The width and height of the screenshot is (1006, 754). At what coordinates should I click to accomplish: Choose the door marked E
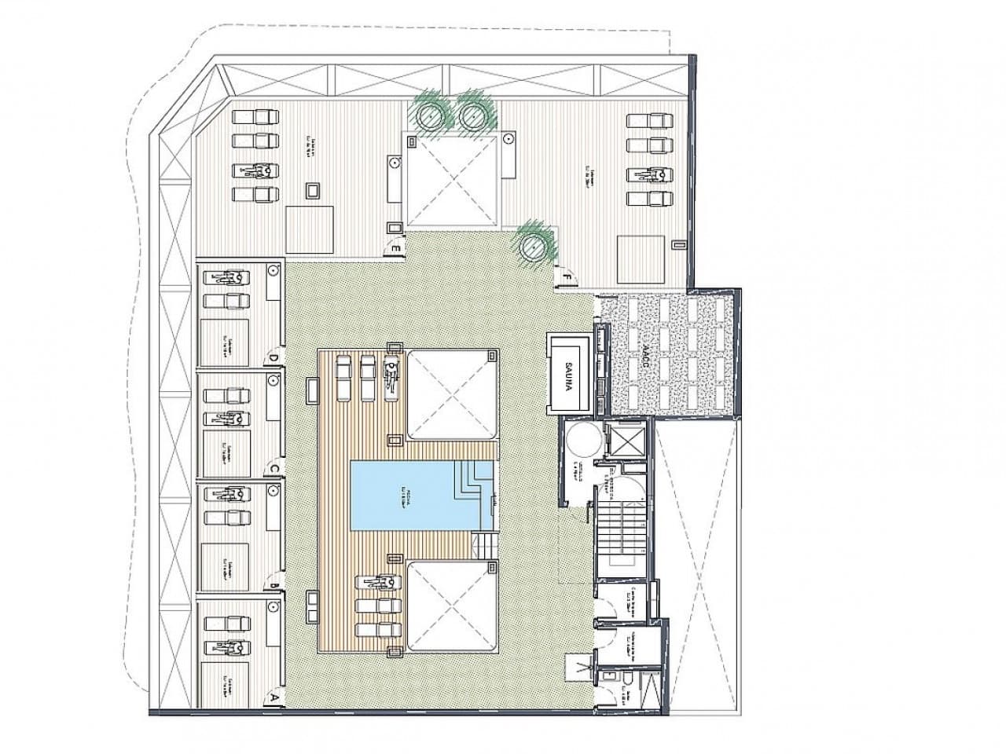click(x=398, y=250)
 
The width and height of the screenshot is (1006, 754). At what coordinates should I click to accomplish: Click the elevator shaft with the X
click(x=625, y=438)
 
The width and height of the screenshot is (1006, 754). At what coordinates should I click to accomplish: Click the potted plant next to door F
click(x=535, y=245)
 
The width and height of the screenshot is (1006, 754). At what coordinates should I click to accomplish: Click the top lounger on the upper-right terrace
click(x=650, y=121)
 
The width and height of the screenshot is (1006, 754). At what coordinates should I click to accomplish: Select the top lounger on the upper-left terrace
click(x=257, y=116)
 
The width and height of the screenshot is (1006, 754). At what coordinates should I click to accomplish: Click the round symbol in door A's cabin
click(x=273, y=606)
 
